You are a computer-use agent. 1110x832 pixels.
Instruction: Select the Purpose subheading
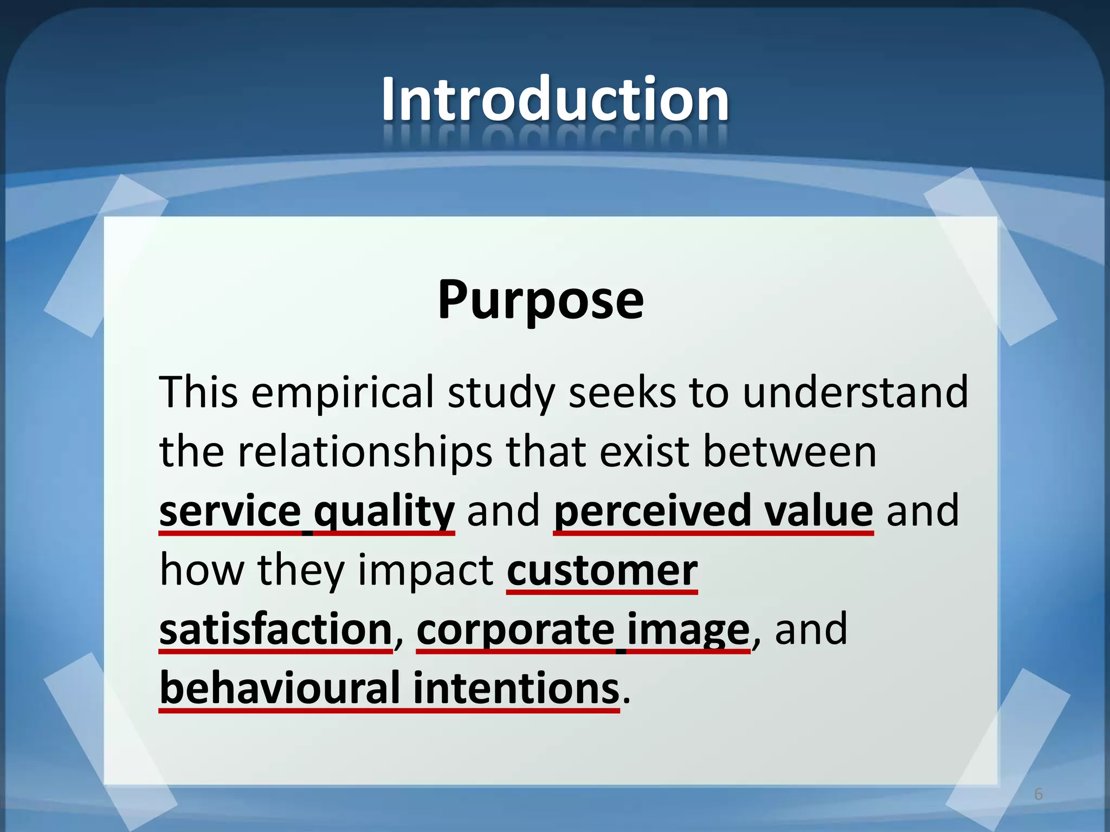point(540,299)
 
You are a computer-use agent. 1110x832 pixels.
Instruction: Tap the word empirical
point(343,392)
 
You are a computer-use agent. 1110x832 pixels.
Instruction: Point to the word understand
point(855,392)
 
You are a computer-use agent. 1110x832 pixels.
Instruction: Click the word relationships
point(364,452)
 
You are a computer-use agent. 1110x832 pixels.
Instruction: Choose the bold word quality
point(384,512)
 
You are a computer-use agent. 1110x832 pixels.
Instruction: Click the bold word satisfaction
point(275,629)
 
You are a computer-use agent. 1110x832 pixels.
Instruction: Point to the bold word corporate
point(515,630)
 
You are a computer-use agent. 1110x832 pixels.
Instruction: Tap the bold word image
point(688,630)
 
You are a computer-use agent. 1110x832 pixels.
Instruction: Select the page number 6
point(1038,794)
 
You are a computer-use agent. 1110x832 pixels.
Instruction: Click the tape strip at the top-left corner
point(106,255)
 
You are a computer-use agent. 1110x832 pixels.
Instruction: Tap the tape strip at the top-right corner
point(989,255)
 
